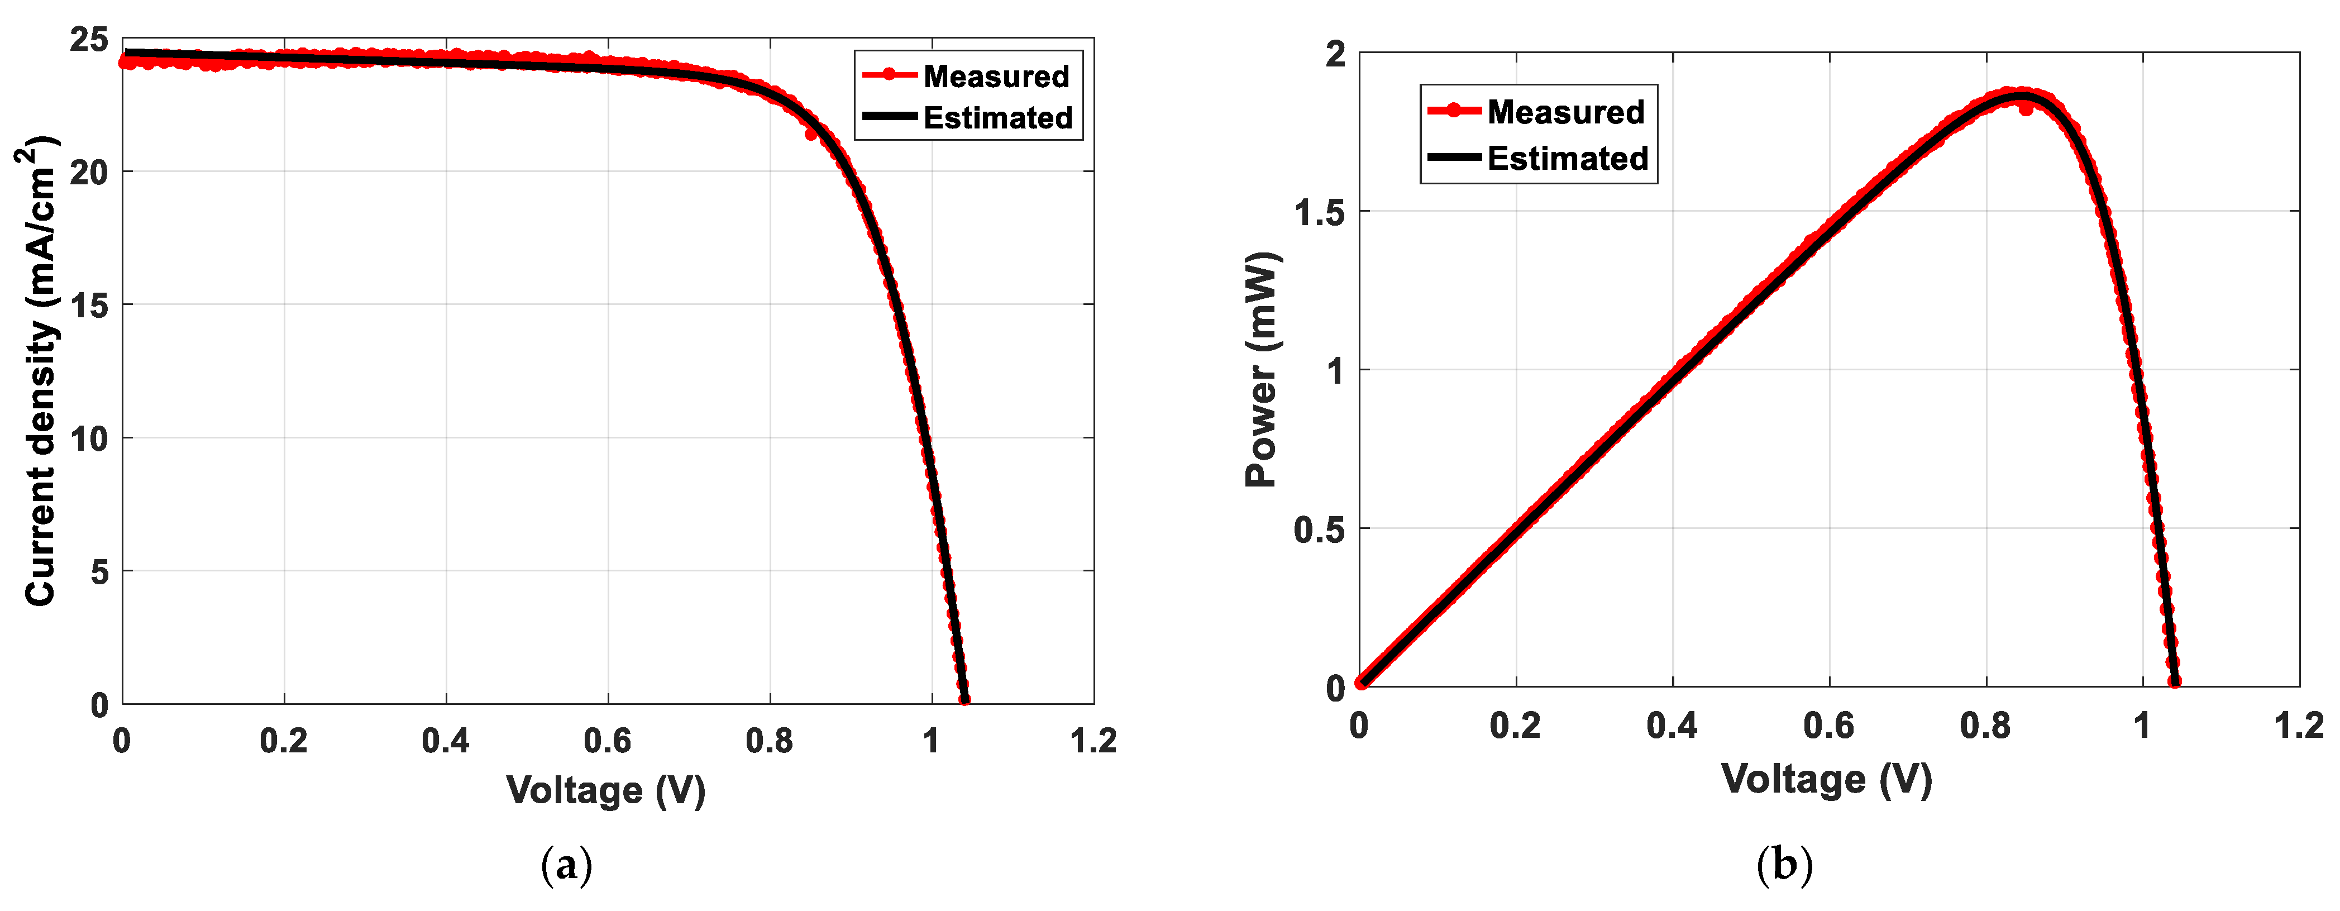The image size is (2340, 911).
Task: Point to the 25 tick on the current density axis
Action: (88, 40)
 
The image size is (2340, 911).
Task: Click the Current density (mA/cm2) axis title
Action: (40, 370)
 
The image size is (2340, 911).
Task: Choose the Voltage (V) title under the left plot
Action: (606, 790)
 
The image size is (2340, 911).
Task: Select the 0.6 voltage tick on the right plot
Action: (1828, 726)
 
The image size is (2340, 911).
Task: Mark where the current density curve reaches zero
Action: (964, 700)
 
